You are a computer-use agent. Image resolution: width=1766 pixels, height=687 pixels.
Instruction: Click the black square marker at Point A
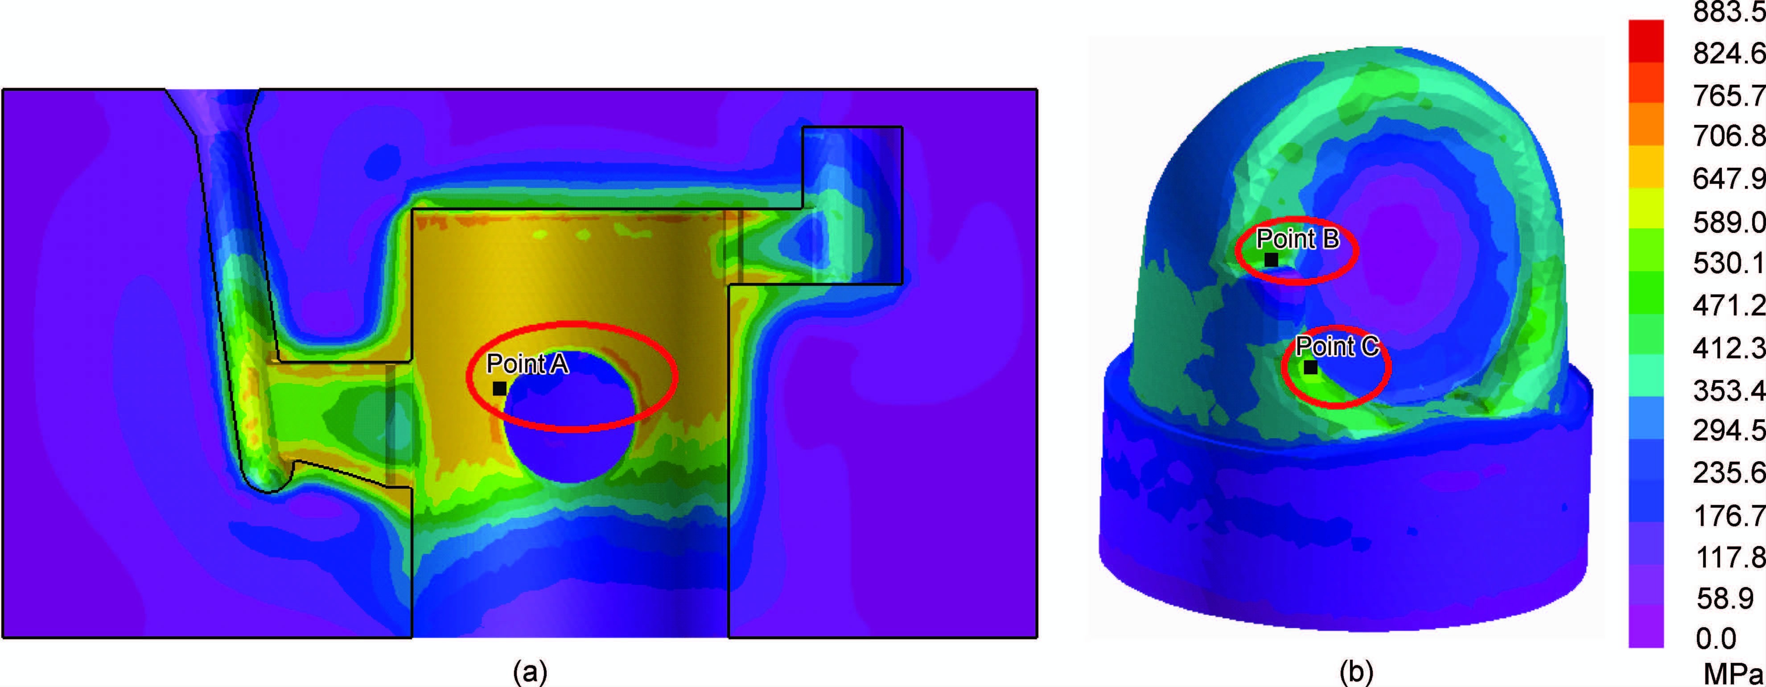[x=500, y=389]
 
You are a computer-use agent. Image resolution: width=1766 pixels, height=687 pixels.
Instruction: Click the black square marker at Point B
[x=1271, y=260]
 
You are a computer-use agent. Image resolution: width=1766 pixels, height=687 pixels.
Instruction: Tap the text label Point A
[x=527, y=364]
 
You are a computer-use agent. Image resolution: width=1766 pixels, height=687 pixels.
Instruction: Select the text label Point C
[x=1337, y=346]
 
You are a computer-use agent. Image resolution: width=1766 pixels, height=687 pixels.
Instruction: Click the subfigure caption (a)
[x=530, y=672]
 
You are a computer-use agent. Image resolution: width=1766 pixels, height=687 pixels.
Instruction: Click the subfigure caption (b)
[x=1356, y=672]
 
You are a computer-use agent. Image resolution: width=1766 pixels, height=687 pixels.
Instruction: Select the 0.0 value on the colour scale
[x=1716, y=639]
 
